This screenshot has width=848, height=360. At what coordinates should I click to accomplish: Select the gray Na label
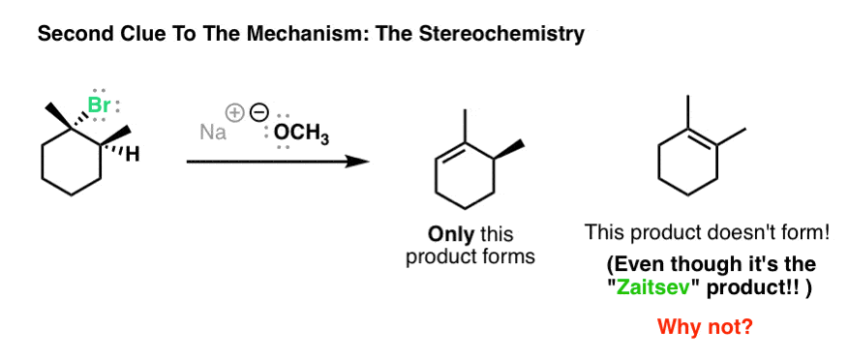pos(213,133)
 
